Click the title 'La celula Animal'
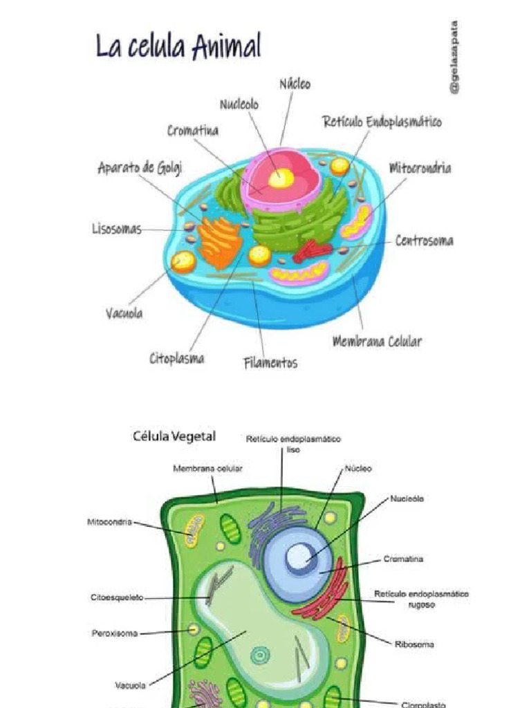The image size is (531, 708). [178, 47]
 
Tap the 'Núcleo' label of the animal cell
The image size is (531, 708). [295, 84]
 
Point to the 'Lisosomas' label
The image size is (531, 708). [117, 229]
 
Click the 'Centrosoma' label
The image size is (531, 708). [425, 241]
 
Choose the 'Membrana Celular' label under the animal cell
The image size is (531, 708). [377, 341]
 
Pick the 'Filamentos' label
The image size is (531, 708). [271, 362]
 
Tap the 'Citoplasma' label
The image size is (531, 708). [176, 358]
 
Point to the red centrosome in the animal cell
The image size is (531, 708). [312, 251]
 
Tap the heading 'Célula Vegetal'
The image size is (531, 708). [174, 436]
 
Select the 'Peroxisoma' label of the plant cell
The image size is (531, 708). [115, 633]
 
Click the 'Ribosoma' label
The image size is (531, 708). [415, 644]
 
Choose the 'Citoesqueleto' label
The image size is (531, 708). [117, 597]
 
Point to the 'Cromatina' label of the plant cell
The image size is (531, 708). [404, 559]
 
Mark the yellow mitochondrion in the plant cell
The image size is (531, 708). [194, 530]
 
